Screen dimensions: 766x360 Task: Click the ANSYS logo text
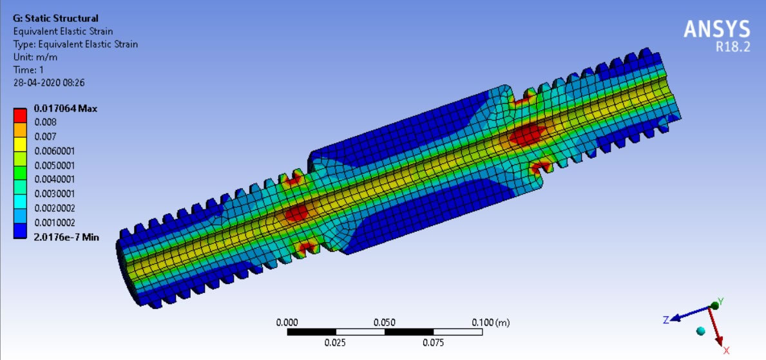point(716,30)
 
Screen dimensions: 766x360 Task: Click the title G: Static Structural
point(55,19)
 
